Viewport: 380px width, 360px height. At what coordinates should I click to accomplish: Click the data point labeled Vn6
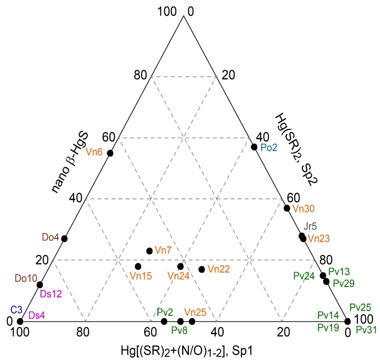coord(110,153)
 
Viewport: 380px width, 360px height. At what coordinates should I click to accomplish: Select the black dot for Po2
coord(254,147)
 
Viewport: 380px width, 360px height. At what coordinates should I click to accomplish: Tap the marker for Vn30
coord(287,208)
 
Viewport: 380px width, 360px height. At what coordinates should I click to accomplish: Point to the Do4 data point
coord(64,238)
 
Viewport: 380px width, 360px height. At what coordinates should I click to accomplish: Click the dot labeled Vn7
coord(149,251)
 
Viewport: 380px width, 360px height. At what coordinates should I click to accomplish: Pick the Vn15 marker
coord(138,266)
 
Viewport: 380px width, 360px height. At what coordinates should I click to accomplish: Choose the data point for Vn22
coord(202,269)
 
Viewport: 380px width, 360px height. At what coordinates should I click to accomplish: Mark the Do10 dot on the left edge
coord(40,285)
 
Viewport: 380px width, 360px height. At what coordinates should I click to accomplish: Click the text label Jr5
coord(310,226)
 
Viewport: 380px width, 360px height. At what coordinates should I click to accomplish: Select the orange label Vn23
coord(318,239)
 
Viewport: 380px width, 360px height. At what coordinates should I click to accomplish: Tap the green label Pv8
coord(179,331)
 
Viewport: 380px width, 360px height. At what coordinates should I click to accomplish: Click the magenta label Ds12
coord(51,294)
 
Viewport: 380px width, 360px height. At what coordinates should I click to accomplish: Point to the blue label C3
coord(17,310)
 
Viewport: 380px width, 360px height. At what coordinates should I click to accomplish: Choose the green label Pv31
coord(366,330)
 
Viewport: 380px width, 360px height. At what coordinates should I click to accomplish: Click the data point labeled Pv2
coord(164,322)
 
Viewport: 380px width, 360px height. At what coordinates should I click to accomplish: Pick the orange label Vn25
coord(195,312)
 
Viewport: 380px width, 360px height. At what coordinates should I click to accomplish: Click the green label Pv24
coord(304,276)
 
